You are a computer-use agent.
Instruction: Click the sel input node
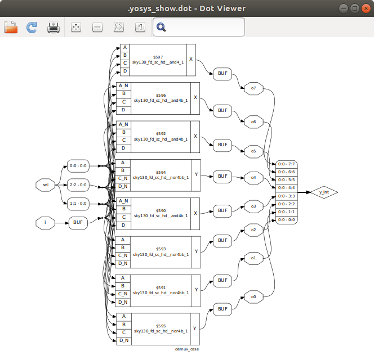(46, 184)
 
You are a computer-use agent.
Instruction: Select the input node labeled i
(46, 223)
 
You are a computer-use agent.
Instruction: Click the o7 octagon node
(253, 88)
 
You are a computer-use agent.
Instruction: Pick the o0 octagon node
(253, 296)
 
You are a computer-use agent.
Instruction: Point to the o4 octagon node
(253, 178)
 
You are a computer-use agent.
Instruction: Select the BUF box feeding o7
(222, 74)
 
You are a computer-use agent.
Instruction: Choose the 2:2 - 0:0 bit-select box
(77, 184)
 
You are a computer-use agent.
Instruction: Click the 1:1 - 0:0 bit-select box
(77, 203)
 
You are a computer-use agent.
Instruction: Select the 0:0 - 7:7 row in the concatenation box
(284, 164)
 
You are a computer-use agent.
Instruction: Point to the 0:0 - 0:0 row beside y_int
(284, 219)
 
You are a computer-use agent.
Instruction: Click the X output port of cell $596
(195, 97)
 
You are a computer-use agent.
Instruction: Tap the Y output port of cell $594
(195, 175)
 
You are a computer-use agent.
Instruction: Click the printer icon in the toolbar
(54, 27)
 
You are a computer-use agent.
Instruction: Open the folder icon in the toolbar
(11, 27)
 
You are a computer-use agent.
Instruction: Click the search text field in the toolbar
(206, 27)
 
